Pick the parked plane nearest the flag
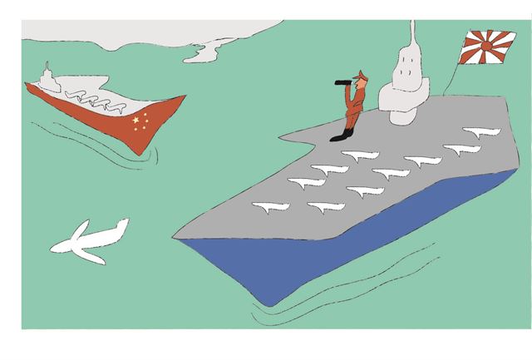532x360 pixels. click(480, 131)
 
